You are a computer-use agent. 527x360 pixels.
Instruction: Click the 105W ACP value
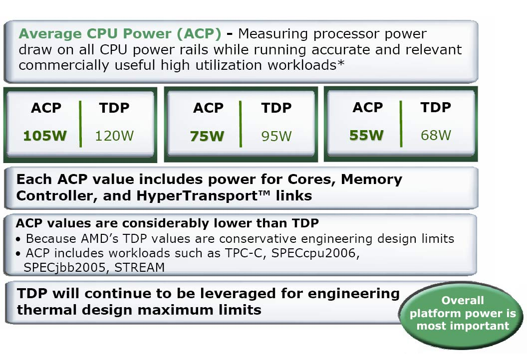point(45,136)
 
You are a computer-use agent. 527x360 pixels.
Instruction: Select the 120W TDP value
point(114,136)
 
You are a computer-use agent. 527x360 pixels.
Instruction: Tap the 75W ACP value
point(207,136)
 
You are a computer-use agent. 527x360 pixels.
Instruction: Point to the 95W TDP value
point(276,136)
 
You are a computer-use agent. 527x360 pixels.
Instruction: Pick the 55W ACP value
point(366,135)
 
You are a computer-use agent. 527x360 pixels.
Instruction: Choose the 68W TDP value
point(436,135)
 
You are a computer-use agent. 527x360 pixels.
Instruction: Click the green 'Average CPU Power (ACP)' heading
point(120,33)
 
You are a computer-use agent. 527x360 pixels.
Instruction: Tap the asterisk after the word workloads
point(341,63)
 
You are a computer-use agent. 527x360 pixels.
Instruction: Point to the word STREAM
point(139,268)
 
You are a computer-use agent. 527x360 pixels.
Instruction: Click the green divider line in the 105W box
point(80,124)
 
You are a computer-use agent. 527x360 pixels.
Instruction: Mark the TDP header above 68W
point(436,108)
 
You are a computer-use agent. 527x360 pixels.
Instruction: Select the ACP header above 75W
point(208,108)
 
